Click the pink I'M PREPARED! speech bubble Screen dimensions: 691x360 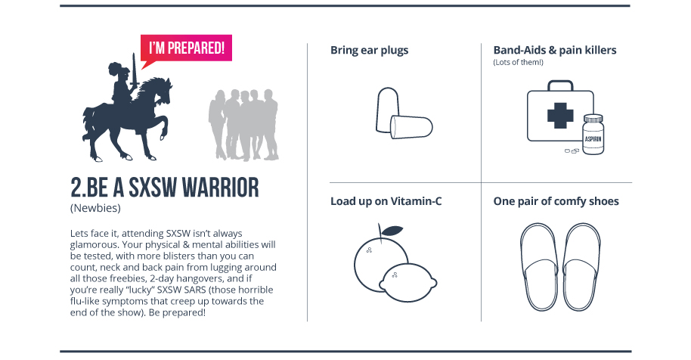tap(186, 48)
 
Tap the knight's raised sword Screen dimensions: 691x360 tap(134, 71)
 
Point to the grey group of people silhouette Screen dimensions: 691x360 tap(243, 125)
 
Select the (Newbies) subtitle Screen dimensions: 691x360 tap(95, 208)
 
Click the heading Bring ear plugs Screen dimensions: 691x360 tap(369, 50)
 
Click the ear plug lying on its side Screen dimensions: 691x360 tap(411, 127)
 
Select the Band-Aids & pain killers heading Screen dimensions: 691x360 tap(555, 50)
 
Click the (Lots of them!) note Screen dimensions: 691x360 tap(519, 62)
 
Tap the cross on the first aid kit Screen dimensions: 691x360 tap(560, 116)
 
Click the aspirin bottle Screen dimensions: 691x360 tap(593, 135)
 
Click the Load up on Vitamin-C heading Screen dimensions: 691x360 tap(386, 201)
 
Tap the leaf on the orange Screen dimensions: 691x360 tap(392, 231)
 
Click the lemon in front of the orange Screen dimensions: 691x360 tap(408, 282)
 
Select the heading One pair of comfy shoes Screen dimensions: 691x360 tap(556, 201)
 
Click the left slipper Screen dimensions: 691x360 tap(539, 267)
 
